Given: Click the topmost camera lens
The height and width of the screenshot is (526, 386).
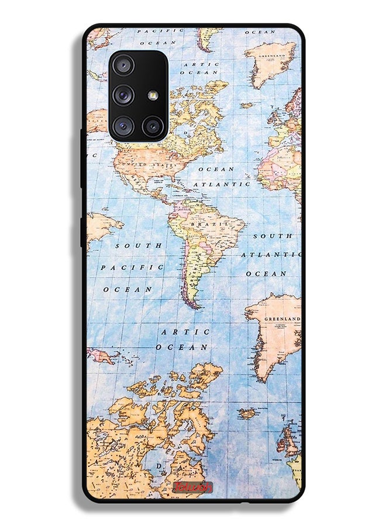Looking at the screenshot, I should click(x=124, y=65).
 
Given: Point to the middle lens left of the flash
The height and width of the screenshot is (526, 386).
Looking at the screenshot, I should click(x=124, y=95).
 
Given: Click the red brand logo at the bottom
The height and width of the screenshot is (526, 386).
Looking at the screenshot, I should click(x=192, y=487).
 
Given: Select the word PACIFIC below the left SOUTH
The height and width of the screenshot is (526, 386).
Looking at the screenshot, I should click(x=132, y=267).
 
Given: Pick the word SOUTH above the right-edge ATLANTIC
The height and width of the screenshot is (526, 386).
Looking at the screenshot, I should click(x=273, y=236).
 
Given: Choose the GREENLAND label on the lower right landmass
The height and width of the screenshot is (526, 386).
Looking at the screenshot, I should click(x=282, y=319).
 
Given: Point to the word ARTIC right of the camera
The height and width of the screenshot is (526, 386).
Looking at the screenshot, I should click(x=201, y=64).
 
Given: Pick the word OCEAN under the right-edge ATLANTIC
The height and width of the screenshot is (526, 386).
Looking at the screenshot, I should click(x=266, y=274).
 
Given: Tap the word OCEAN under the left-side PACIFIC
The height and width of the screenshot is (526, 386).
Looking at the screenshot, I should click(x=128, y=289).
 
